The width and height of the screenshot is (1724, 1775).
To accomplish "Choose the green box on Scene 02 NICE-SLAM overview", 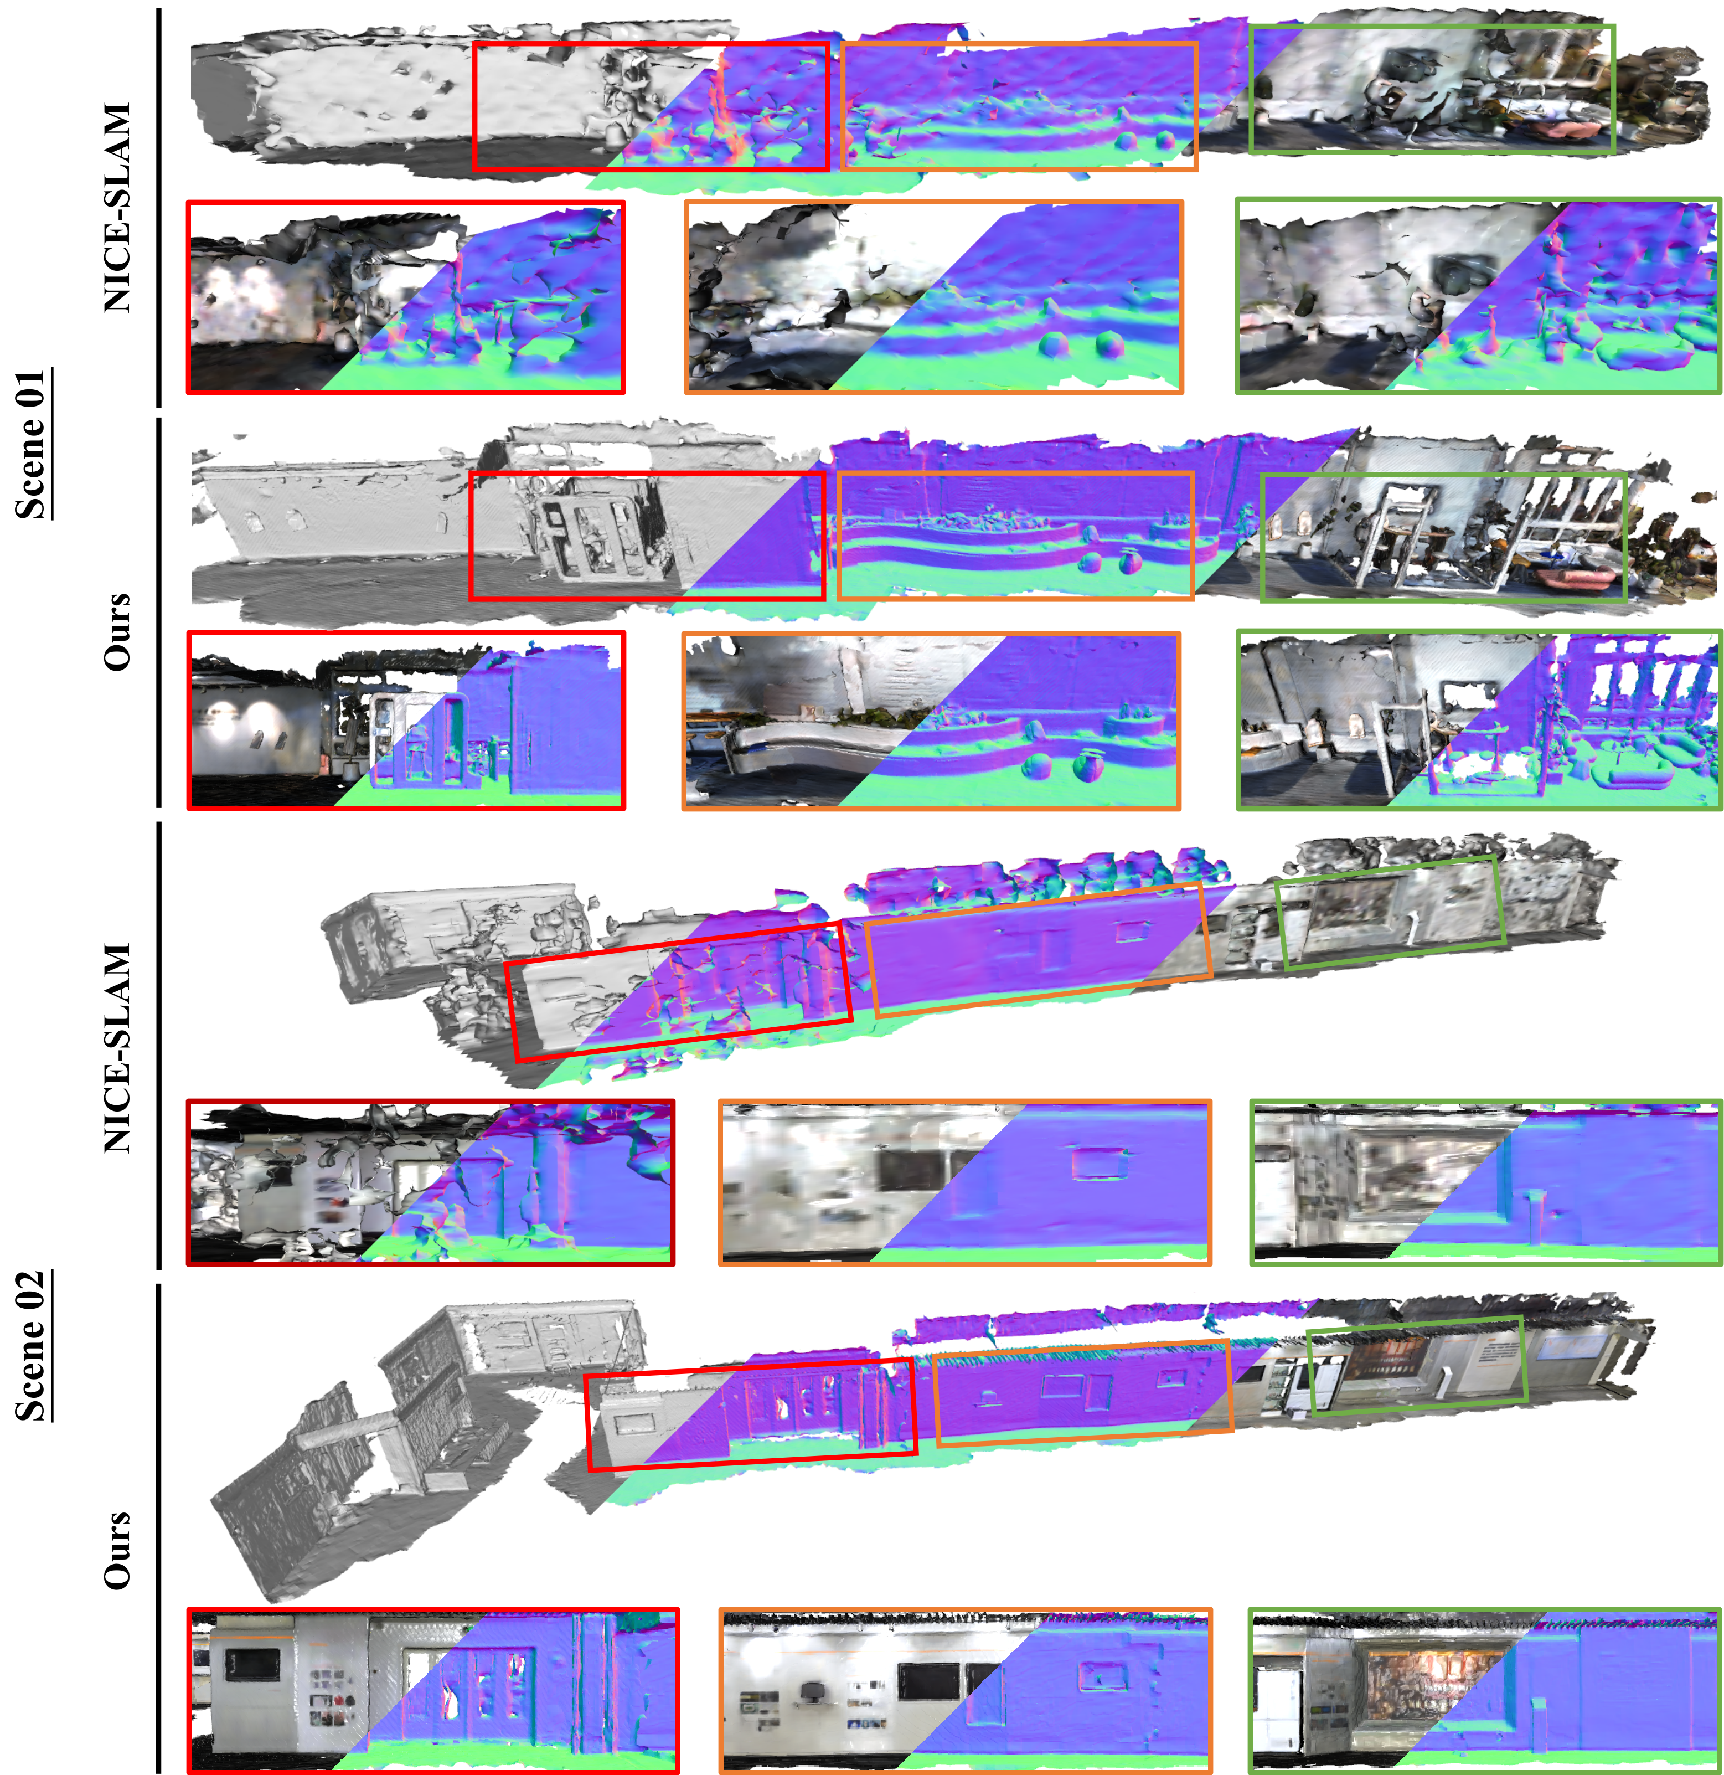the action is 1390,912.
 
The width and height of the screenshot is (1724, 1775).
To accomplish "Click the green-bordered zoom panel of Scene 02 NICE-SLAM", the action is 1486,1182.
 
